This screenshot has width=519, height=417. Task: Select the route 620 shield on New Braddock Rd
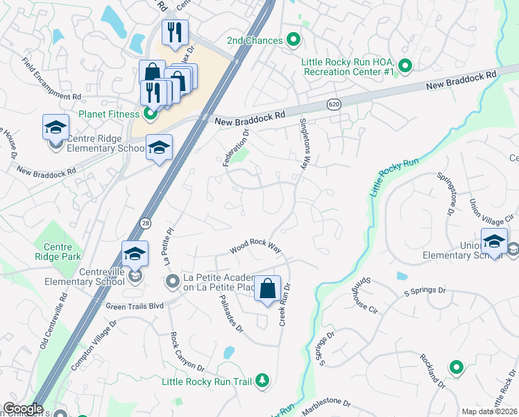click(334, 104)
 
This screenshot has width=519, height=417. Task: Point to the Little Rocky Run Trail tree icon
click(262, 380)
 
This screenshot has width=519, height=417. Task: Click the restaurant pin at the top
click(175, 32)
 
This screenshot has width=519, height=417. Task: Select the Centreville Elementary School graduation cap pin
click(135, 254)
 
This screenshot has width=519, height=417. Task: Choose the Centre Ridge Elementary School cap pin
click(56, 128)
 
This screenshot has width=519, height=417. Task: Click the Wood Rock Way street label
click(255, 247)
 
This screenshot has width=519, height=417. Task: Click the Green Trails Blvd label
click(135, 305)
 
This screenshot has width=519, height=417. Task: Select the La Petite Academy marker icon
click(173, 281)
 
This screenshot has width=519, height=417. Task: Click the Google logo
click(23, 409)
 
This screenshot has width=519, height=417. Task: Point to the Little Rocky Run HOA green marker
click(406, 67)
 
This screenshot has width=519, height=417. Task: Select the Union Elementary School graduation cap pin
click(494, 241)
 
